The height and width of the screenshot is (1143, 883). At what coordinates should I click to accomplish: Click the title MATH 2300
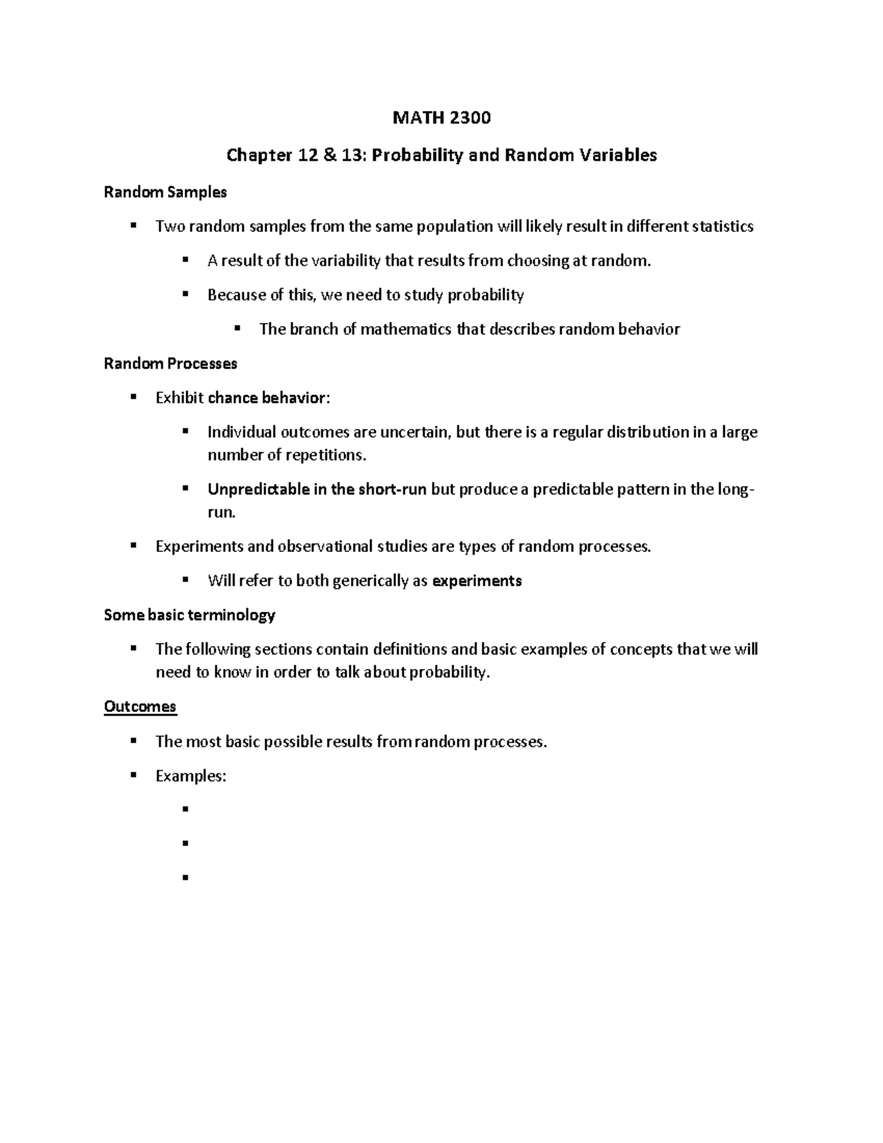(x=441, y=118)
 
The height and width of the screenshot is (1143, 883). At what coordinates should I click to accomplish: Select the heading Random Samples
(x=165, y=192)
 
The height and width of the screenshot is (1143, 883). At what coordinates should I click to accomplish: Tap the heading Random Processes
(x=170, y=364)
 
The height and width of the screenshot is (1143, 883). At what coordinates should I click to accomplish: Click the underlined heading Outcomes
(x=140, y=707)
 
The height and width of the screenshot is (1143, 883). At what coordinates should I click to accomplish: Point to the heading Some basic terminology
(x=189, y=615)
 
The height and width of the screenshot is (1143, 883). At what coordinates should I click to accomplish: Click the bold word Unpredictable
(x=258, y=489)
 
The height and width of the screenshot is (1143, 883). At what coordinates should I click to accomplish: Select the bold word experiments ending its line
(x=477, y=581)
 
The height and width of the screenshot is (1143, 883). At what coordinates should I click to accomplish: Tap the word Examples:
(x=191, y=776)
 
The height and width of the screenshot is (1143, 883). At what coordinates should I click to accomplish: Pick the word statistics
(x=723, y=226)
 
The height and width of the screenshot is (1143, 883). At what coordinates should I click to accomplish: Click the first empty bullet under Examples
(x=185, y=809)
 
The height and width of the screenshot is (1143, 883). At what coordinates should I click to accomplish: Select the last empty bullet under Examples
(x=185, y=877)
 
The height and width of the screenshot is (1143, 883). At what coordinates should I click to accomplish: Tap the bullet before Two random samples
(x=133, y=225)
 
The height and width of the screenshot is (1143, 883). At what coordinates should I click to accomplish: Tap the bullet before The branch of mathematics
(x=237, y=328)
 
